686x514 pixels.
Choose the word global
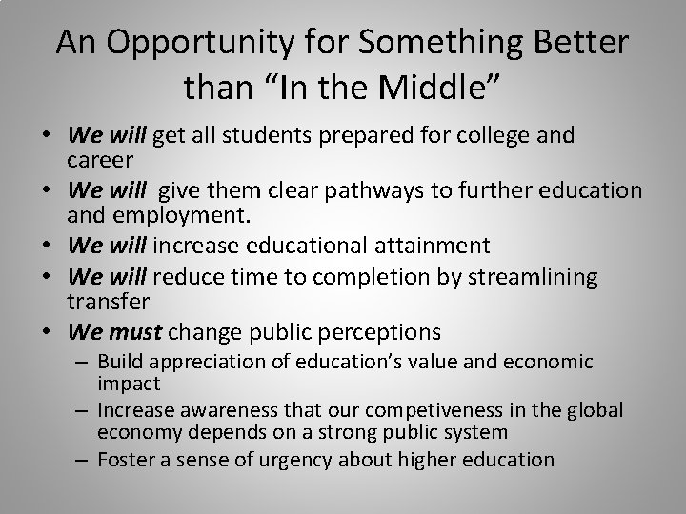(x=596, y=409)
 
